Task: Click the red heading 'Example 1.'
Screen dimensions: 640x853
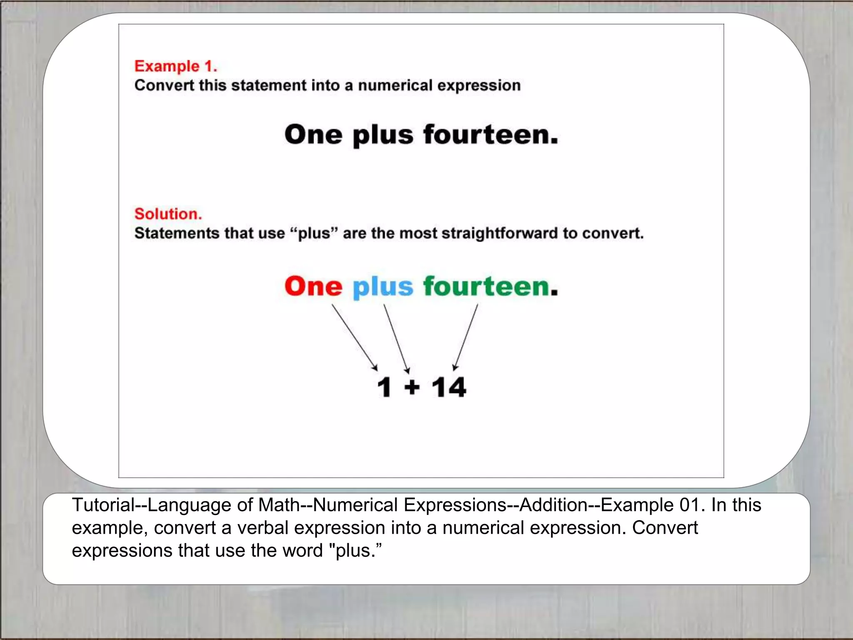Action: coord(175,66)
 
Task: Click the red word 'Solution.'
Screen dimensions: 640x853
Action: coord(168,214)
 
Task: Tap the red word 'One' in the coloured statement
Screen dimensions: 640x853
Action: coord(313,287)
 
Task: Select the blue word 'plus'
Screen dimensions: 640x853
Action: coord(383,287)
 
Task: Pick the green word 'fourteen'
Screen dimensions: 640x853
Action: coord(486,287)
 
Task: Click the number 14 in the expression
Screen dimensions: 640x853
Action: coord(449,387)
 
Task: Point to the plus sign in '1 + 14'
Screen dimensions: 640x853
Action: coord(412,387)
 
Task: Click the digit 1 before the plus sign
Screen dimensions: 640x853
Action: coord(384,387)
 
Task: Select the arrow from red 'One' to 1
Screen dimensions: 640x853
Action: coord(354,337)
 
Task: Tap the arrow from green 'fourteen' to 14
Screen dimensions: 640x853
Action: coord(466,337)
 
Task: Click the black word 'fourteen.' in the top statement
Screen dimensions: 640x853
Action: coord(490,135)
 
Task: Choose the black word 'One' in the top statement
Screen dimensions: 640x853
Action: coord(313,135)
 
